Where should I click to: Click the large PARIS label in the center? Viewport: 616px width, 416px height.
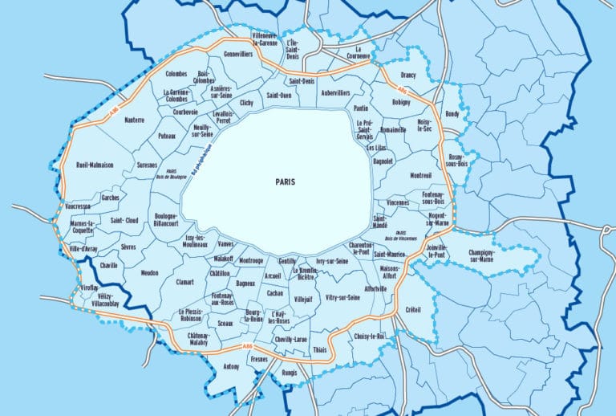(x=285, y=181)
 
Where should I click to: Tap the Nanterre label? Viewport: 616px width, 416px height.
(x=134, y=120)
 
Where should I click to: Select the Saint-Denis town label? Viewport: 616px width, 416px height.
(x=302, y=81)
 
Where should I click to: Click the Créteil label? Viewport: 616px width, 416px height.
(x=413, y=309)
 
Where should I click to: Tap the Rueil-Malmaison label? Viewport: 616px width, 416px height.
(x=95, y=165)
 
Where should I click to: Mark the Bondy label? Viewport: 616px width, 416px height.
(x=452, y=114)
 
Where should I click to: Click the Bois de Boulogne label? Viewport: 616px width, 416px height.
(x=171, y=174)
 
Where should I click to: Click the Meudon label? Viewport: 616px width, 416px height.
(x=149, y=273)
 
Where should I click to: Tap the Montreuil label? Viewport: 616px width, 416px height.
(x=420, y=175)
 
